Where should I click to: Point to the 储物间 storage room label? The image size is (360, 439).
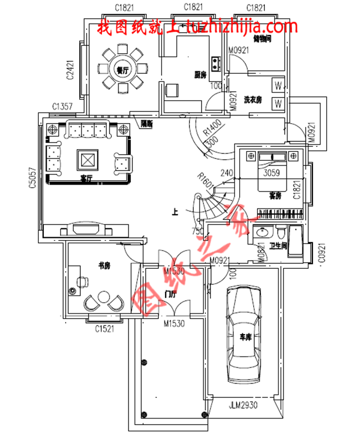(x=261, y=39)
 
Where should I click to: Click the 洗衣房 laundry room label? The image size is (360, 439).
(x=253, y=100)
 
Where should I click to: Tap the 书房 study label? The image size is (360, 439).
(x=105, y=266)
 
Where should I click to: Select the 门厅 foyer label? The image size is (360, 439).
(x=171, y=294)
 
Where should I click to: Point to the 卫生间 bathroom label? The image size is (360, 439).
(x=278, y=246)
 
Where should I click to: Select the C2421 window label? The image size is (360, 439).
(x=70, y=70)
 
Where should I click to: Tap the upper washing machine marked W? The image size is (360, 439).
(x=278, y=86)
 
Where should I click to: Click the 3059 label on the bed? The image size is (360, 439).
(x=272, y=172)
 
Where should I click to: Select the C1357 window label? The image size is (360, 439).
(x=63, y=106)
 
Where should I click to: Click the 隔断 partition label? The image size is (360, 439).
(x=146, y=124)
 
